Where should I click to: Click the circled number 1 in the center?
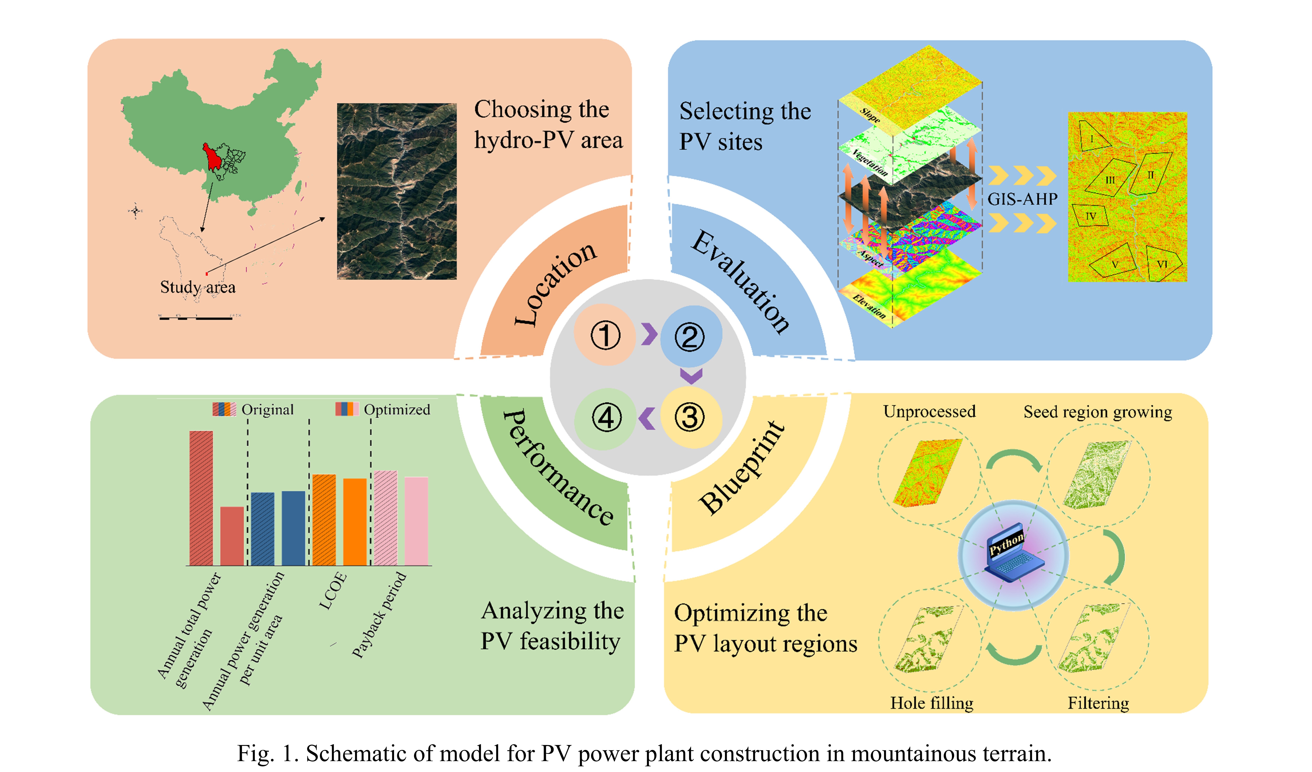coord(605,335)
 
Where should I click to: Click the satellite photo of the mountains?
coord(397,191)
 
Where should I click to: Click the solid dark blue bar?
coord(293,528)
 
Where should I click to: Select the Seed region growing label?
coord(1098,412)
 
